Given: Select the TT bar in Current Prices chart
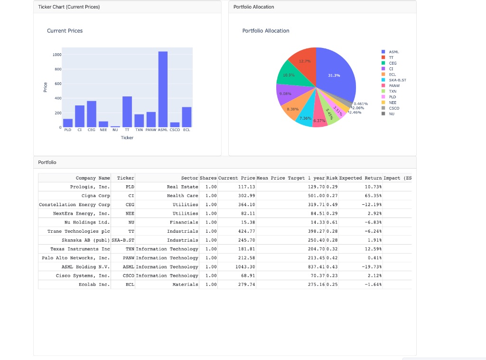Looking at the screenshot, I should tap(127, 112).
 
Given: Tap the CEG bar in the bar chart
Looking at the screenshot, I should tap(92, 114).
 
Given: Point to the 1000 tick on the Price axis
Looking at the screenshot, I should tap(57, 55).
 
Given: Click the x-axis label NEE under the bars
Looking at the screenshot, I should tap(103, 130).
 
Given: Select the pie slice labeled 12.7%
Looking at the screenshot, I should tap(305, 60).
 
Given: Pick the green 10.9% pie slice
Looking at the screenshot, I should tap(290, 75).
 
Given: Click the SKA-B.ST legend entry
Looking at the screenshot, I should tap(397, 80).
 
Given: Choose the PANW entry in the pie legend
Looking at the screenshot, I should tap(394, 85).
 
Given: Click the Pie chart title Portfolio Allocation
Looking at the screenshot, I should tap(265, 31).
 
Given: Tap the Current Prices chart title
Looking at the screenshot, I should tap(65, 31).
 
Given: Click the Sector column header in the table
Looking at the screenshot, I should tap(189, 178).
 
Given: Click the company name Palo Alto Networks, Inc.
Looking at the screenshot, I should tap(75, 258).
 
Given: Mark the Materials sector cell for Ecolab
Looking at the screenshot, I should tap(185, 284).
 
